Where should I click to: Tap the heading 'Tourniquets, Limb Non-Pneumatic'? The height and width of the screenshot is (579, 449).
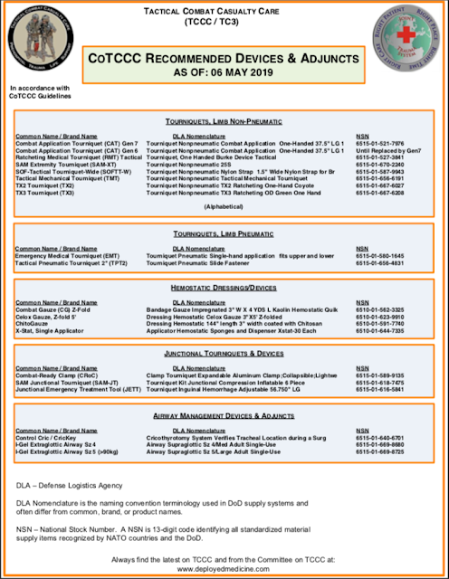point(224,120)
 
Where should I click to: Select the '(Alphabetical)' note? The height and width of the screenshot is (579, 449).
point(224,205)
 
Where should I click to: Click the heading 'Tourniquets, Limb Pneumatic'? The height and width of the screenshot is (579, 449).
point(224,234)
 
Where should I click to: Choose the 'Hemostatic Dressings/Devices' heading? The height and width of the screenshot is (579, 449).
point(224,288)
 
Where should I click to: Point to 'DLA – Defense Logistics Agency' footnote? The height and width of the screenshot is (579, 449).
point(72,487)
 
